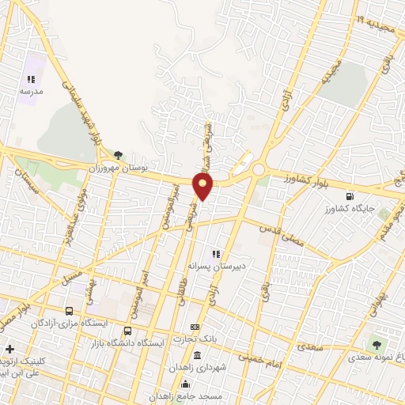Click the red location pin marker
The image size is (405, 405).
pos(203,187)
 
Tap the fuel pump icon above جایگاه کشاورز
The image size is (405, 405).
pos(349,197)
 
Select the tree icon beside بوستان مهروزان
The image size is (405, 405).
pos(119,155)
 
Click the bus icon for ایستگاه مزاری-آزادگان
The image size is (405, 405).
pos(70,311)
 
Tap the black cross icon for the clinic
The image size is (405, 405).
pos(9,349)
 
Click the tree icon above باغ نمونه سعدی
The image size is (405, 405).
pos(377,344)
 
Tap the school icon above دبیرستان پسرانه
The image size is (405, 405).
pos(214,254)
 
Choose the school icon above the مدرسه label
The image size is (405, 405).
pos(31,79)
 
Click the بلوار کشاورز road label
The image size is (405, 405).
pos(294,180)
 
